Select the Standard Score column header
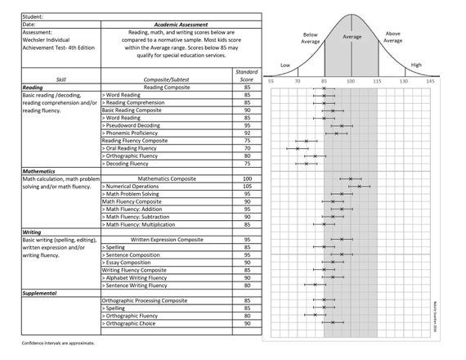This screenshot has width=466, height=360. [x=247, y=75]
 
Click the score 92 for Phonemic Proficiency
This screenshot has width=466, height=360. [x=247, y=133]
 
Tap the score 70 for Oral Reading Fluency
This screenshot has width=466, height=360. [x=247, y=147]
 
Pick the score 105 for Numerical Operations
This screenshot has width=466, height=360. [x=247, y=186]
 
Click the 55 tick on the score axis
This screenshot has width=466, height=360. [x=271, y=82]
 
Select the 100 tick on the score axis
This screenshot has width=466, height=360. [x=351, y=82]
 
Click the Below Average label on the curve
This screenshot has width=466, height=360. [x=310, y=38]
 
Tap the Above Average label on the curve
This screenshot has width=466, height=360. [x=392, y=38]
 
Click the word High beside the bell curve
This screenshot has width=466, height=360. [x=416, y=65]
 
